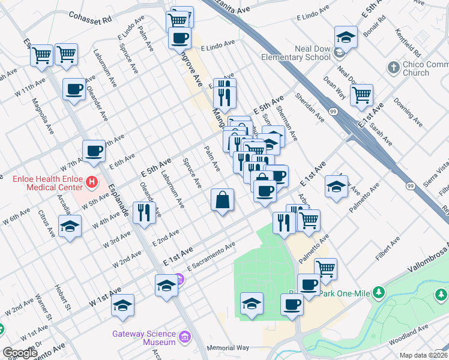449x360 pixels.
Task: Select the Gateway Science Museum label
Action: tap(143, 338)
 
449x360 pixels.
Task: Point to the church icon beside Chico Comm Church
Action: tap(394, 67)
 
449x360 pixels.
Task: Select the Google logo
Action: tap(19, 353)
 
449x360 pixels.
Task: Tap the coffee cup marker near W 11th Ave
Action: tap(74, 90)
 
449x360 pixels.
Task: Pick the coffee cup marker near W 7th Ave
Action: tap(93, 151)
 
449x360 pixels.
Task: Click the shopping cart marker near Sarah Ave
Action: tap(361, 94)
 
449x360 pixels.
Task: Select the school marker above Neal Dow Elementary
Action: tap(346, 37)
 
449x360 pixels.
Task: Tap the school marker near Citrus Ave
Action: tap(70, 227)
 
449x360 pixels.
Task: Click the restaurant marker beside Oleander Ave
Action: tap(144, 212)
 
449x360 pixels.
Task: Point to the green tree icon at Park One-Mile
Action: tap(378, 292)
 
